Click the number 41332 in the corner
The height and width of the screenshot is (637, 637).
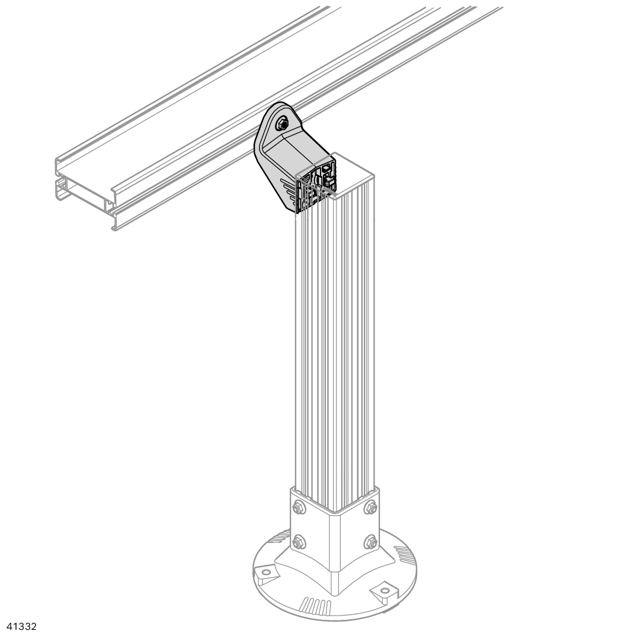tap(19, 626)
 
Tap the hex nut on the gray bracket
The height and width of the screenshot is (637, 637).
tap(281, 123)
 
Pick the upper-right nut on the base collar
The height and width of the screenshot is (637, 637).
tap(370, 507)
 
